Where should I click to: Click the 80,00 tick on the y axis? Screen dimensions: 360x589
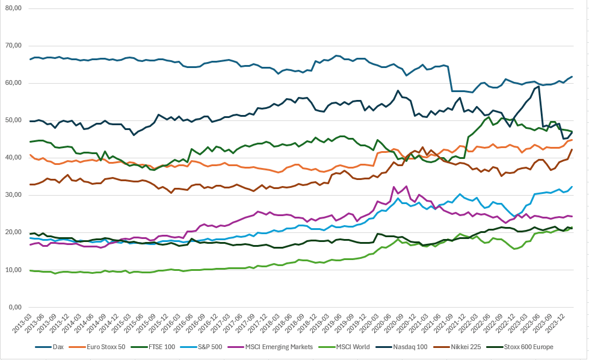tap(13, 8)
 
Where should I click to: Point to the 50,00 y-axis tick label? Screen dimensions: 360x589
tap(13, 120)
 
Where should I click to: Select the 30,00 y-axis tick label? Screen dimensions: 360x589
tap(13, 195)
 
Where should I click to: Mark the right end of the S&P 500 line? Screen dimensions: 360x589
tap(572, 187)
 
